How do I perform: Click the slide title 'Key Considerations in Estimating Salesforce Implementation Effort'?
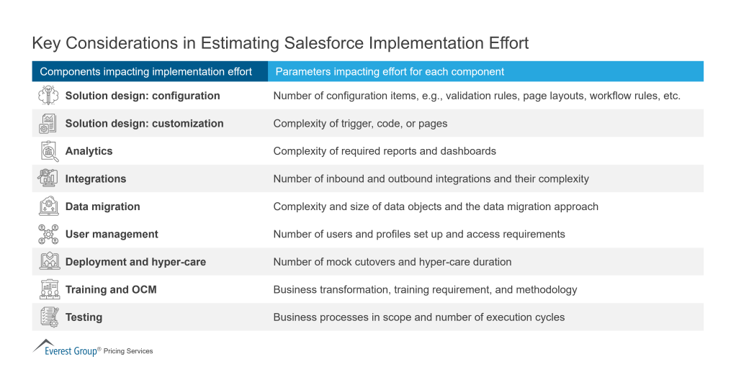click(x=280, y=43)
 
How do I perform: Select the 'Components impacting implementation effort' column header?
click(x=145, y=71)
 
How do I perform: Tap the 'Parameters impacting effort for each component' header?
click(x=390, y=71)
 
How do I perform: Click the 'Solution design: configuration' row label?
click(x=143, y=96)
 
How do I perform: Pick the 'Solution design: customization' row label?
click(x=144, y=123)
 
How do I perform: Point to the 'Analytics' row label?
click(x=89, y=151)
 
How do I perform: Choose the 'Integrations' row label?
click(x=95, y=178)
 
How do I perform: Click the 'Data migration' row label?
click(x=102, y=207)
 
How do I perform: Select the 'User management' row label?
click(x=112, y=234)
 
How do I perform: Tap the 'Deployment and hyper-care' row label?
click(x=135, y=262)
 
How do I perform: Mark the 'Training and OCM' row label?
click(x=111, y=289)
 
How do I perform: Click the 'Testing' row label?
click(x=84, y=317)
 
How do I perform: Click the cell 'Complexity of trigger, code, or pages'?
click(x=360, y=123)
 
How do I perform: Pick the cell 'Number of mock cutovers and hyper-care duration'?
click(x=392, y=262)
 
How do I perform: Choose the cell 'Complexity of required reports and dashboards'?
click(x=385, y=151)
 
